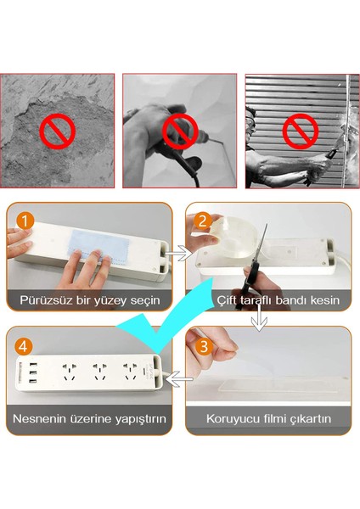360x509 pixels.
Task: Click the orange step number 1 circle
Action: click(25, 221)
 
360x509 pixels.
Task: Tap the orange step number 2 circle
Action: click(202, 221)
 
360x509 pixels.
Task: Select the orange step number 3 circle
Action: click(203, 346)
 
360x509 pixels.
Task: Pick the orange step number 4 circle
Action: click(23, 346)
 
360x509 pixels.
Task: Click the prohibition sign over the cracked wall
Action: click(57, 131)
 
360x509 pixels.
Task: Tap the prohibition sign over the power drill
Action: click(180, 131)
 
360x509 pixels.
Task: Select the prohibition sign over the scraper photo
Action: click(301, 131)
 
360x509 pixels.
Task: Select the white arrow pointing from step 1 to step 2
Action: click(178, 253)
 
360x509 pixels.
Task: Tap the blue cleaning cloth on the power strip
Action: click(99, 245)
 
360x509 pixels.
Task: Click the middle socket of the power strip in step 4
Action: click(98, 372)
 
